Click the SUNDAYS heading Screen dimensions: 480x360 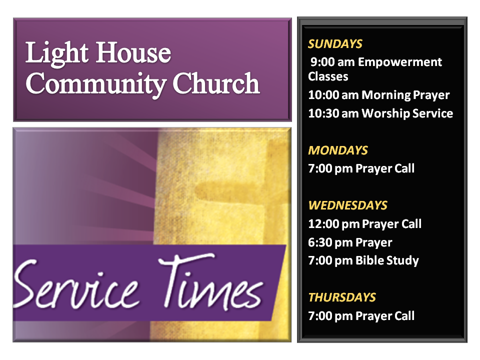(x=335, y=44)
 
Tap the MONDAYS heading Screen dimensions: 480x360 (x=337, y=150)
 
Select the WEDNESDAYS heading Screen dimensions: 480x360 (x=347, y=205)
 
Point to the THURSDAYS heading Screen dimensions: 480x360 (x=342, y=297)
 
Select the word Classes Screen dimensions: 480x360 (x=328, y=76)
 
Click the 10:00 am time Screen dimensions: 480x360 (x=333, y=95)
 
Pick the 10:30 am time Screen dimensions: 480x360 (x=333, y=113)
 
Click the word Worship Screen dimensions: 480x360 (x=385, y=114)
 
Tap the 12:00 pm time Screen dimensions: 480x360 (x=333, y=224)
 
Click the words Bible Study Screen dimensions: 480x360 (x=387, y=261)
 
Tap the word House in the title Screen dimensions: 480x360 (x=134, y=53)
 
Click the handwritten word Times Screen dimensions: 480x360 (x=210, y=281)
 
